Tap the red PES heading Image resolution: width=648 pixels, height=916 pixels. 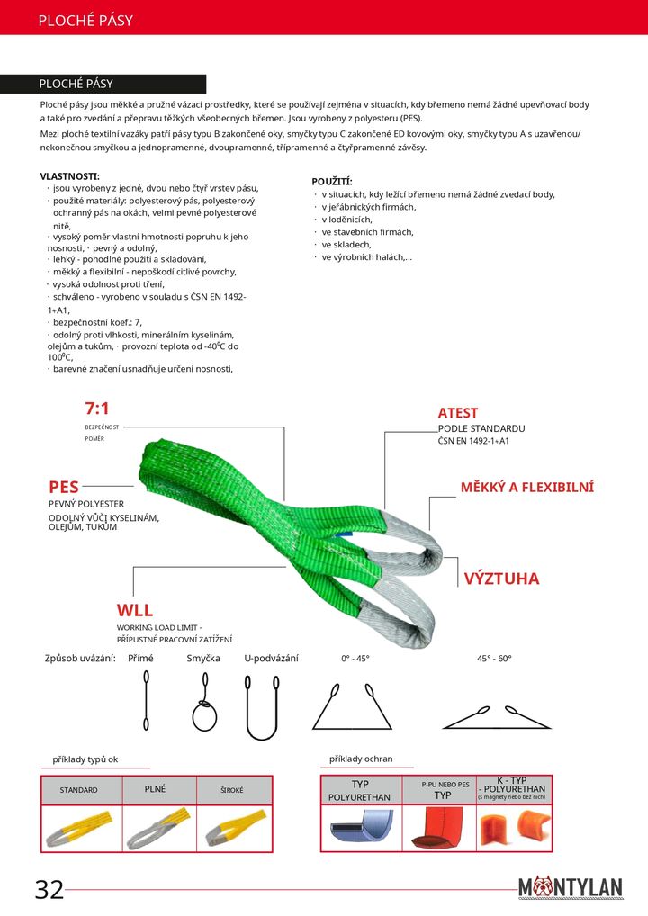click(64, 487)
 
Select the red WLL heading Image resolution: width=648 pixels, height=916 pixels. click(134, 611)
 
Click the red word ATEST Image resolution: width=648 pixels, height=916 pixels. click(458, 413)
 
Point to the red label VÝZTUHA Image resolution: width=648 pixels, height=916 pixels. click(501, 579)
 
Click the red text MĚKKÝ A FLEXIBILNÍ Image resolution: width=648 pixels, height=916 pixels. click(526, 488)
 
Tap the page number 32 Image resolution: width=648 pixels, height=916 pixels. click(49, 890)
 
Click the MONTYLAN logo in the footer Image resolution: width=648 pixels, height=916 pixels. click(570, 888)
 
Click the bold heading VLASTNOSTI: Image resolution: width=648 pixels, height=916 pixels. click(70, 175)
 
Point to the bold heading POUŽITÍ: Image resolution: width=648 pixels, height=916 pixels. click(332, 182)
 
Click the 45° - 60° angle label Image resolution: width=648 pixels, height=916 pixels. click(494, 659)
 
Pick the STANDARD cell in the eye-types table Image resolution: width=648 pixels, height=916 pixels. click(79, 790)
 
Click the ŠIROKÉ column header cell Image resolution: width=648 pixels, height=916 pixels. click(232, 790)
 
